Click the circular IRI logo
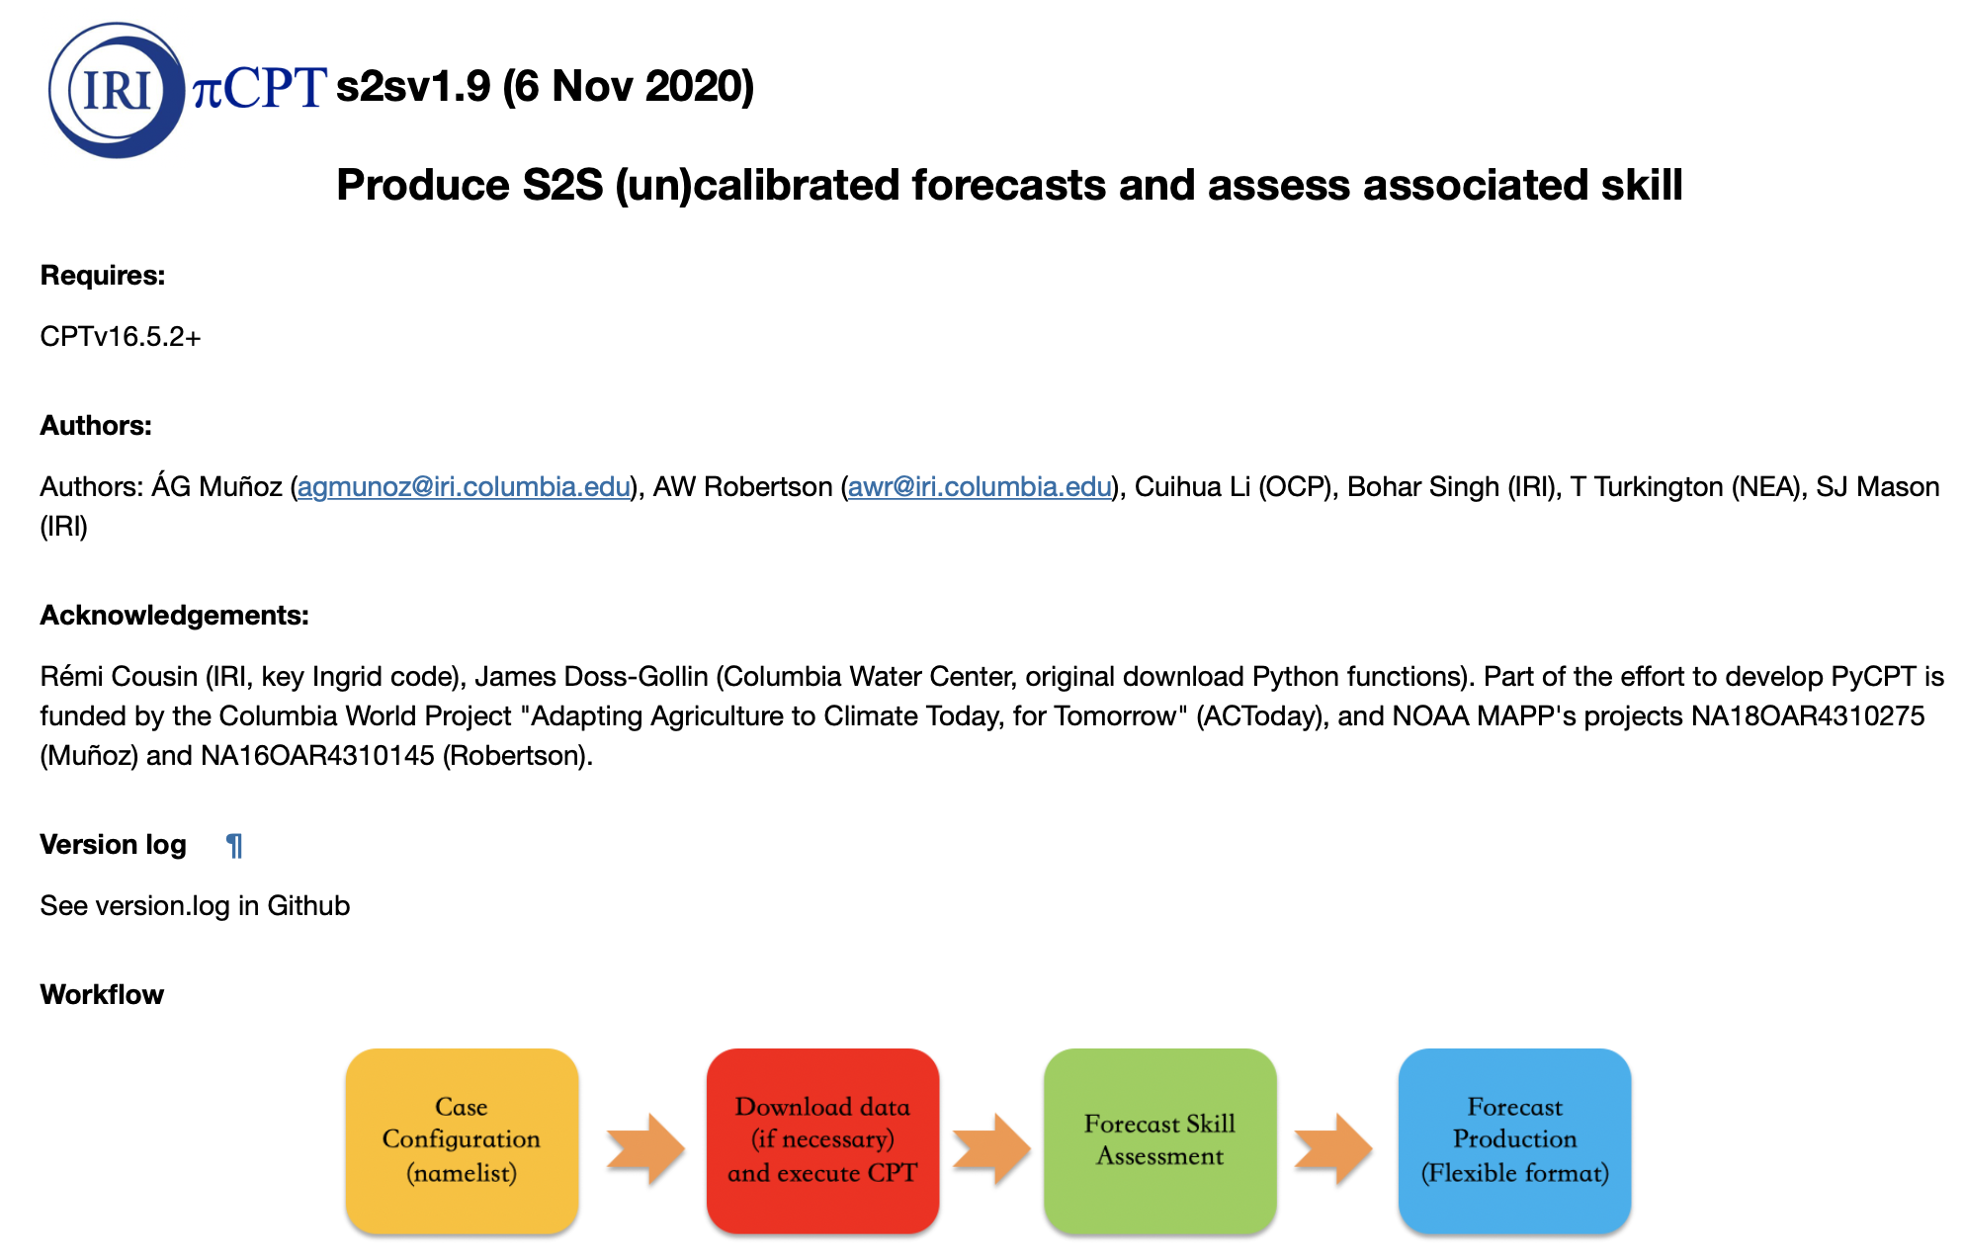117,90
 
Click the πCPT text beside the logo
259,88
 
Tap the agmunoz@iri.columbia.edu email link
464,487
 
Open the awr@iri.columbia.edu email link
980,487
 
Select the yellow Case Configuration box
462,1140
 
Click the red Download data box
822,1140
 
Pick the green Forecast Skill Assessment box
1159,1140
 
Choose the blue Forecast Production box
1514,1140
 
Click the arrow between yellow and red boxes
645,1149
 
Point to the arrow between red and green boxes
991,1149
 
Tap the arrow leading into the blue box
1333,1149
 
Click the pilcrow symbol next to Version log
234,846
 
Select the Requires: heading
103,276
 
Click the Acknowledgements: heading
175,616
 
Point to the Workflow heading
102,995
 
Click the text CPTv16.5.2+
121,337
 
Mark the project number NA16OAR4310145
317,756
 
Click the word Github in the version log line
308,906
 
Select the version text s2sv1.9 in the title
413,87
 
